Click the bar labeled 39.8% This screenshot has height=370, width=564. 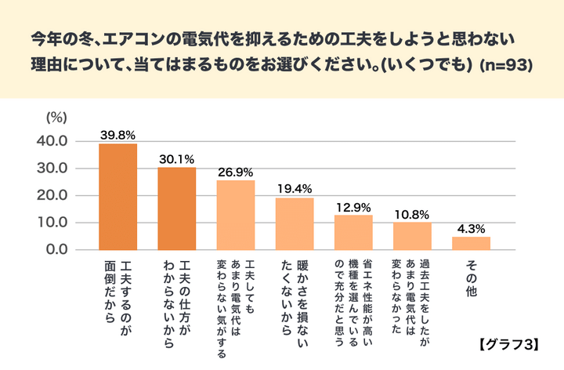[x=117, y=197]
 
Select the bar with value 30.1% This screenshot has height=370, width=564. [x=177, y=209]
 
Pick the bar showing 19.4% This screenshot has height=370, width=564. [x=295, y=223]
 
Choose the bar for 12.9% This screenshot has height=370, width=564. [x=353, y=232]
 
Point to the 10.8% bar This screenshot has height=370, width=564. [x=412, y=235]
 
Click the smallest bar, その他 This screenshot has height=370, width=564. [x=471, y=243]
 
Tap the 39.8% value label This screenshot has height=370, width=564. [x=117, y=136]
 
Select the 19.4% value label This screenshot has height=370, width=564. [x=295, y=189]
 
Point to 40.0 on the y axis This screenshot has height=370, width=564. [x=52, y=141]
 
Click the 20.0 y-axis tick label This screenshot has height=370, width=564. [x=52, y=195]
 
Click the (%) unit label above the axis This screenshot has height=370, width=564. [x=56, y=118]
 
